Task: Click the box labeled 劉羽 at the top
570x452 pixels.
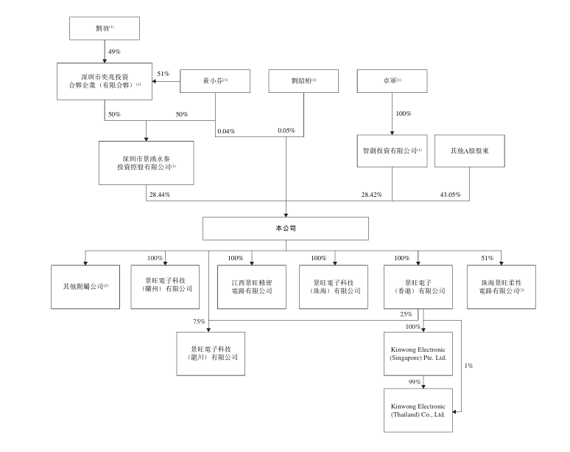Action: tap(104, 28)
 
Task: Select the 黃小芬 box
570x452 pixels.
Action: tap(216, 80)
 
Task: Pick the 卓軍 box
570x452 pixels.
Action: tap(390, 80)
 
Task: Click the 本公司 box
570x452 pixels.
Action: tap(286, 229)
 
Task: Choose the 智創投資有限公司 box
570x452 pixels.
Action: tap(391, 150)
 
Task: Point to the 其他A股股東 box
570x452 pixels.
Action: tap(469, 150)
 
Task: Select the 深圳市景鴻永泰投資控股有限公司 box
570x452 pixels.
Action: tap(147, 162)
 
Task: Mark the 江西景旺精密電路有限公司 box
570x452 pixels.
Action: tap(251, 286)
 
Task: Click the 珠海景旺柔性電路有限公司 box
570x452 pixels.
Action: tap(502, 286)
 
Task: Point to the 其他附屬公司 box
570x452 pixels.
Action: tap(85, 286)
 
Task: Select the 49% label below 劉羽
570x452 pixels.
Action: tap(115, 52)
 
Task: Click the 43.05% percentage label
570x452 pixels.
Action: tap(450, 195)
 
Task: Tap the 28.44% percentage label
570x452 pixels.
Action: tap(159, 195)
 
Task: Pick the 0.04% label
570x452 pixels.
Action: tap(226, 131)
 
